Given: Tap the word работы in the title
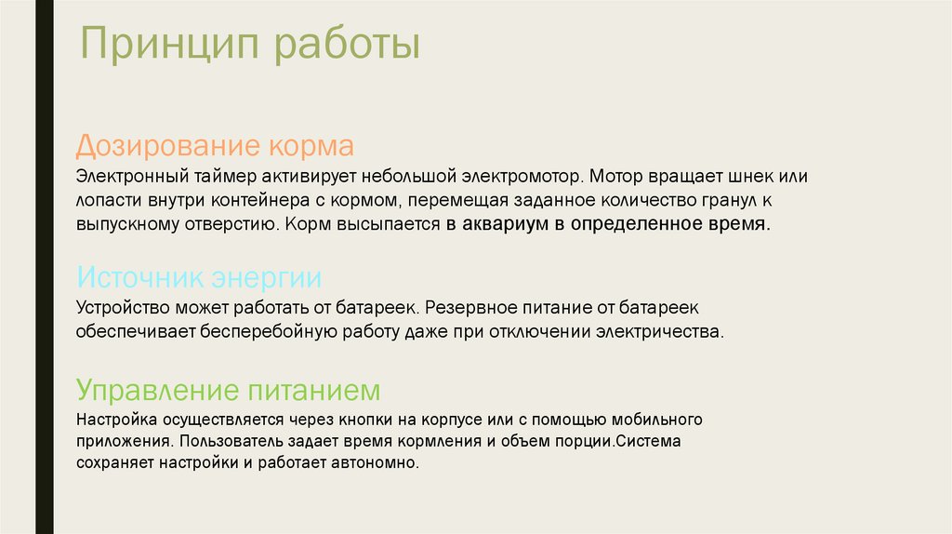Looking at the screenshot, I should pyautogui.click(x=348, y=45).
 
